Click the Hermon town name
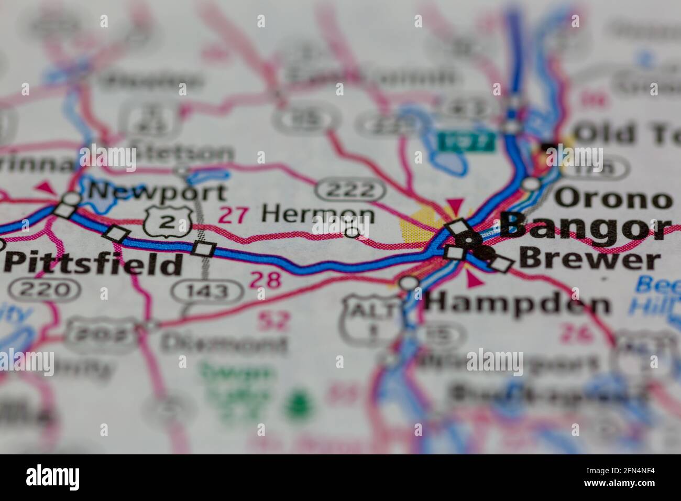point(318,214)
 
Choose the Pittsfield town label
point(93,264)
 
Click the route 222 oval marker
point(349,190)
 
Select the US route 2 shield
point(167,221)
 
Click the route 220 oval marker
point(47,289)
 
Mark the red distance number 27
point(234,215)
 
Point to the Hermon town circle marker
point(353,232)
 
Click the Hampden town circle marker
point(410,284)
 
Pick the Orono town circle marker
point(531,183)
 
